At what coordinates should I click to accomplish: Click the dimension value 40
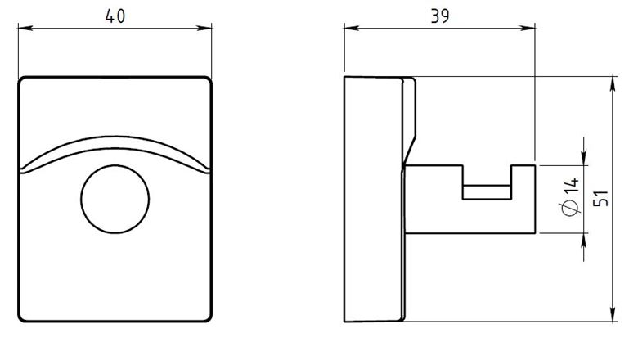click(115, 16)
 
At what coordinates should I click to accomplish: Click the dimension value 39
click(440, 16)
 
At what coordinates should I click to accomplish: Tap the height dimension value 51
click(601, 199)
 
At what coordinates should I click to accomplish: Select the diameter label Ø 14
click(570, 197)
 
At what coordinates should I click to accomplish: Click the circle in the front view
click(115, 164)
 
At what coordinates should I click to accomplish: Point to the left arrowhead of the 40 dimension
click(25, 28)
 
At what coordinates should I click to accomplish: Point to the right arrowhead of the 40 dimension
click(204, 28)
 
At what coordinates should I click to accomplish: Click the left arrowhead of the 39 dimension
click(352, 28)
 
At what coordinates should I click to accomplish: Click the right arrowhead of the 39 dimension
click(528, 28)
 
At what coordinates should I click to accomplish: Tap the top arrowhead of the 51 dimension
click(613, 83)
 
